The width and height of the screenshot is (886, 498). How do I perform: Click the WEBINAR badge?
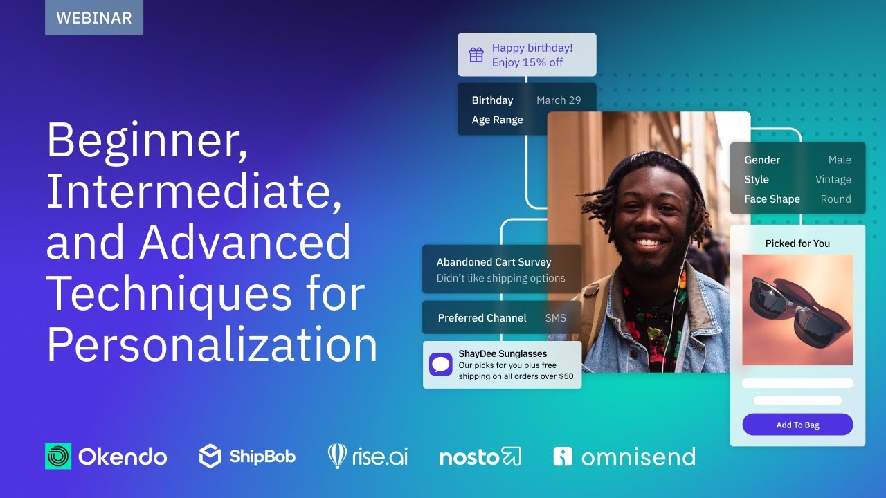[94, 18]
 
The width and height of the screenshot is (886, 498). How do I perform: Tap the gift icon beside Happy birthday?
[476, 55]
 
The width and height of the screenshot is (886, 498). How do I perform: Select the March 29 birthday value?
[559, 100]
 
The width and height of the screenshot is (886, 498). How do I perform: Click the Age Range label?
[497, 120]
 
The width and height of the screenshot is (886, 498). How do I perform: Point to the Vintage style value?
[833, 179]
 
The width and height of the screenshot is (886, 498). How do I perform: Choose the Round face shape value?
[835, 199]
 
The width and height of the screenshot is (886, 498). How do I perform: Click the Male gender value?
[840, 160]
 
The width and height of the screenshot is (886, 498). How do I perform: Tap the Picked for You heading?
[797, 243]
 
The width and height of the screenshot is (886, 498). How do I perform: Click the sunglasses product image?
[797, 310]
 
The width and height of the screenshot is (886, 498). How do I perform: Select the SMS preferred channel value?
[555, 318]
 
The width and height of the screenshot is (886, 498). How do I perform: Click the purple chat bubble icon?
[441, 365]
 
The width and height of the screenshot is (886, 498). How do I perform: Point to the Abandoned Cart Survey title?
[494, 262]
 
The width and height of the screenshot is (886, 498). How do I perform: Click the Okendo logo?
[106, 456]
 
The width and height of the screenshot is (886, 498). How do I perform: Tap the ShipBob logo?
[247, 456]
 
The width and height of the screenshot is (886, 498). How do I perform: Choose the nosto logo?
[480, 456]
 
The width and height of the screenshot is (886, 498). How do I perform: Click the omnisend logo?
[624, 456]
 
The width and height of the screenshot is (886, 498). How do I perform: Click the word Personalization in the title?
[212, 344]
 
